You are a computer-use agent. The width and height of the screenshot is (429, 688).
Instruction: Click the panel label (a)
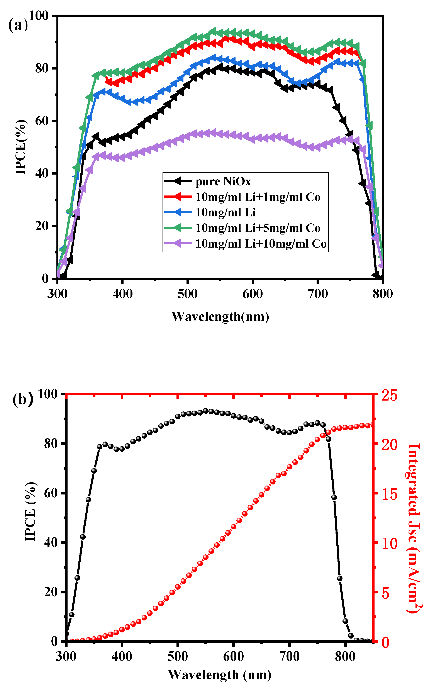point(18,25)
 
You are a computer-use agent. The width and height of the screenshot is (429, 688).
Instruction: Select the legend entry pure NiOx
point(223,182)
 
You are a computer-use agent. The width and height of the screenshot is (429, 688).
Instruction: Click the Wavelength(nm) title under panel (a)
point(220,316)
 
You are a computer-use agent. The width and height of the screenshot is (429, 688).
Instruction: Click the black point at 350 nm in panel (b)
point(94,471)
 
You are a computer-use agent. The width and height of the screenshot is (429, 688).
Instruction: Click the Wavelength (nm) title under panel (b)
point(220,675)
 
